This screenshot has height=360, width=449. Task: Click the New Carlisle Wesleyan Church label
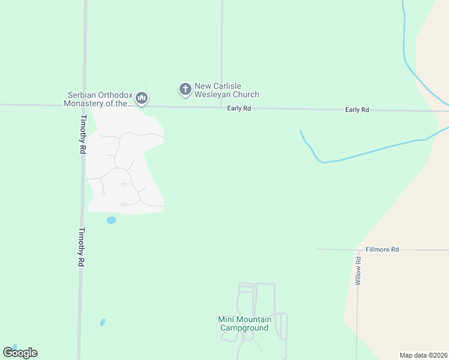click(x=226, y=91)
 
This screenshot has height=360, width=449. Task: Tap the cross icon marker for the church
click(x=185, y=89)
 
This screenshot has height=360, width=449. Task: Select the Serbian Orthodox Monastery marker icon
click(x=142, y=98)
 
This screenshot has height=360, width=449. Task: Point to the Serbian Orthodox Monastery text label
click(x=99, y=99)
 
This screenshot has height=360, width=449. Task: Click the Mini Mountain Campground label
click(x=244, y=323)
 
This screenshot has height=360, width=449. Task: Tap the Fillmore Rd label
click(x=382, y=249)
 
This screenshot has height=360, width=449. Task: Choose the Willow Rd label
click(x=358, y=271)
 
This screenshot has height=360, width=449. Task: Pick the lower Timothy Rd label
click(x=82, y=247)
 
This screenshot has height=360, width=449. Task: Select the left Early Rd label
click(x=238, y=109)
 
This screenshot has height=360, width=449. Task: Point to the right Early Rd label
click(x=357, y=110)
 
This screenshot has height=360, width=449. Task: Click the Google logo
click(x=20, y=353)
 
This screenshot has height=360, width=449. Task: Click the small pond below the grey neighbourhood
click(x=111, y=220)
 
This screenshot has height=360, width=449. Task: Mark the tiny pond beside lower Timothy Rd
click(x=103, y=322)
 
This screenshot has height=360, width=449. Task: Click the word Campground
click(x=244, y=328)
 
